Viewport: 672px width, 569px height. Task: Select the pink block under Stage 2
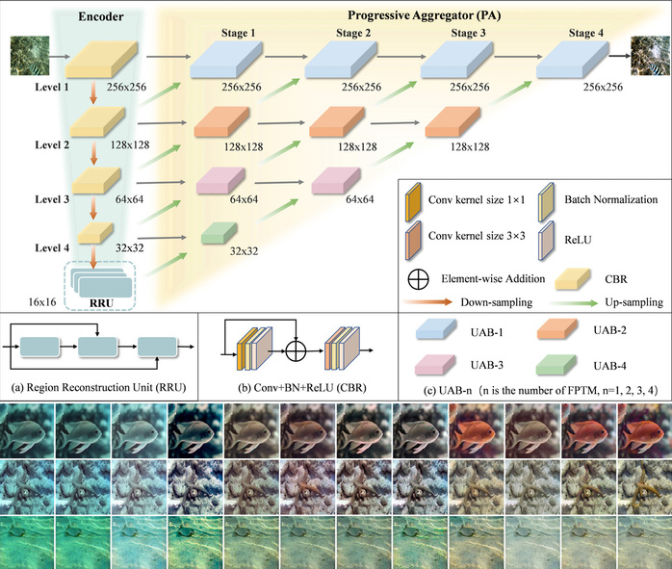[336, 179]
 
